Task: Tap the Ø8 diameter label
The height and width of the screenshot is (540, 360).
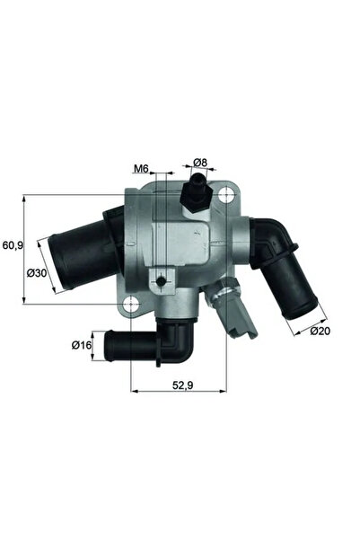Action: click(x=200, y=164)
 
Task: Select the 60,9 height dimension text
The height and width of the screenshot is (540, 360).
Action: click(x=13, y=244)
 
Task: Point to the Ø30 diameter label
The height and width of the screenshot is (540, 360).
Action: click(x=37, y=272)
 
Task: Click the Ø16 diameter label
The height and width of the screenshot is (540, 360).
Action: click(x=82, y=343)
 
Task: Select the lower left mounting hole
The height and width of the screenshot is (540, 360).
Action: click(x=132, y=302)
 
